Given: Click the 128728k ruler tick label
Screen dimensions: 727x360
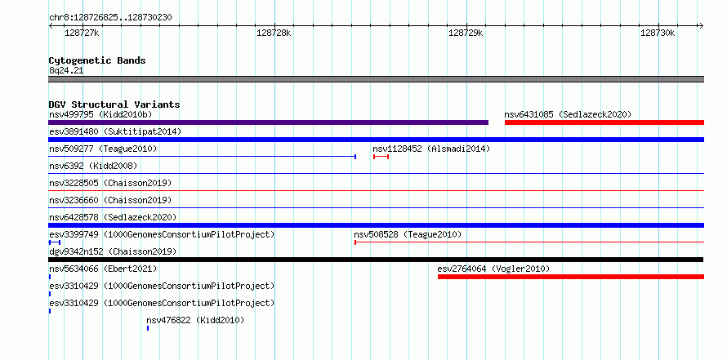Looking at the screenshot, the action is click(274, 33).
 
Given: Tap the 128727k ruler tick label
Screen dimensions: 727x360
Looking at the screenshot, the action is click(82, 33).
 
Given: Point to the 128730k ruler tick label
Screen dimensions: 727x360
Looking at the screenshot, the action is click(658, 33).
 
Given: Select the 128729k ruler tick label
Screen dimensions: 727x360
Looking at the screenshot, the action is click(466, 33).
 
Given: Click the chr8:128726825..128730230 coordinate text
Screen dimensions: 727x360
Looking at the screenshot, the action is click(110, 18).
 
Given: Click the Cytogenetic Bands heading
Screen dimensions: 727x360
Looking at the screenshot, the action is click(97, 60).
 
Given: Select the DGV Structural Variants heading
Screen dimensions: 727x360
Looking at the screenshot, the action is click(114, 104).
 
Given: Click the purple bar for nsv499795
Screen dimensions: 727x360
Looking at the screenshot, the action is click(269, 122).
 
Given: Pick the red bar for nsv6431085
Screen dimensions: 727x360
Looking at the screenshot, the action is click(604, 122).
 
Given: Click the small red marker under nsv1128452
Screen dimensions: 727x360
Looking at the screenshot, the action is click(381, 157).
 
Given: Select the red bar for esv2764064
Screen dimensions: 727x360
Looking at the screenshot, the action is click(571, 277).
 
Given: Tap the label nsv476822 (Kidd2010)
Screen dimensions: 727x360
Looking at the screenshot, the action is click(194, 320).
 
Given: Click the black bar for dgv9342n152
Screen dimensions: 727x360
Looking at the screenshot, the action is click(376, 260).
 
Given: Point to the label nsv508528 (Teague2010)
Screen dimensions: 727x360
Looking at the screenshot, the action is click(408, 234).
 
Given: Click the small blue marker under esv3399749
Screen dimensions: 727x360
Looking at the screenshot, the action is click(54, 242).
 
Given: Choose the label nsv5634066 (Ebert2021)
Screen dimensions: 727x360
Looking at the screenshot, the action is click(103, 269).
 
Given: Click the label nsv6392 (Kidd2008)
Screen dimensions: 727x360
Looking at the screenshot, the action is click(93, 166).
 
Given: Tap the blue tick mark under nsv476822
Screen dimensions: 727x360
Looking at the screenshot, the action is click(147, 328).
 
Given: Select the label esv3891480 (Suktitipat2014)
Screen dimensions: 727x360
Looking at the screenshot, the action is click(115, 131).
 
